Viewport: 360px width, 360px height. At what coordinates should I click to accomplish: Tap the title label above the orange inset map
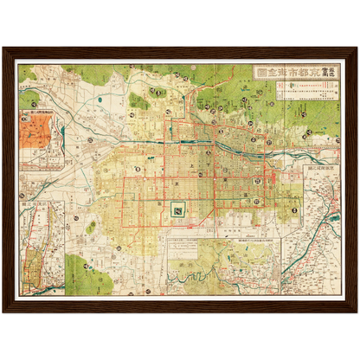[x=42, y=112]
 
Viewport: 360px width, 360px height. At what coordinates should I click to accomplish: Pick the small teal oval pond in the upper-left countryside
[x=104, y=99]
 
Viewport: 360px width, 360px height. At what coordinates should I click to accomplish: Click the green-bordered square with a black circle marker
[x=178, y=209]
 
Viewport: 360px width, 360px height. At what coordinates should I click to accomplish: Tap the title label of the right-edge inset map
[x=311, y=173]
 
